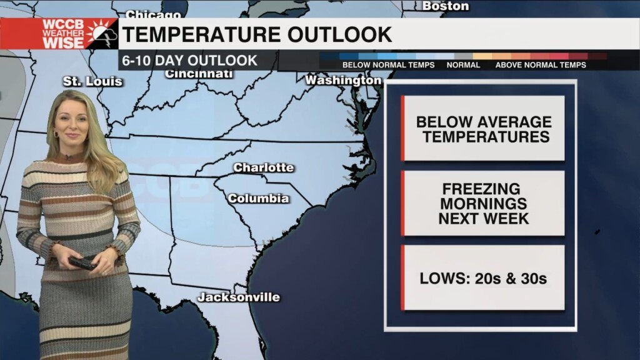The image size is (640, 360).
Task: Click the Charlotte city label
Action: pos(263,167)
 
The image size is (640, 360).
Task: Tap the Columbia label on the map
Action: pos(258,199)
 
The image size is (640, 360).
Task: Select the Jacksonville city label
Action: pos(239,297)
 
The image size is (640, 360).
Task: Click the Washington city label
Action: pos(343,81)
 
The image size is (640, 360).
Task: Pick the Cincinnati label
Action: pos(199,74)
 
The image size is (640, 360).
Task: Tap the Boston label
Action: pos(446,6)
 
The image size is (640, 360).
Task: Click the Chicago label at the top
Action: pos(153,14)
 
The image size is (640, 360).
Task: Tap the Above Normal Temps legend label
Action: pos(541,65)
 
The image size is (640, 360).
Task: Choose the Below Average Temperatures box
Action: pos(484,129)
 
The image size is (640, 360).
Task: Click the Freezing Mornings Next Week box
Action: pos(484,204)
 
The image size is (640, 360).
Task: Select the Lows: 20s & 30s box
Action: pos(484,279)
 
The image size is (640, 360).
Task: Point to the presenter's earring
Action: pos(56,134)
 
